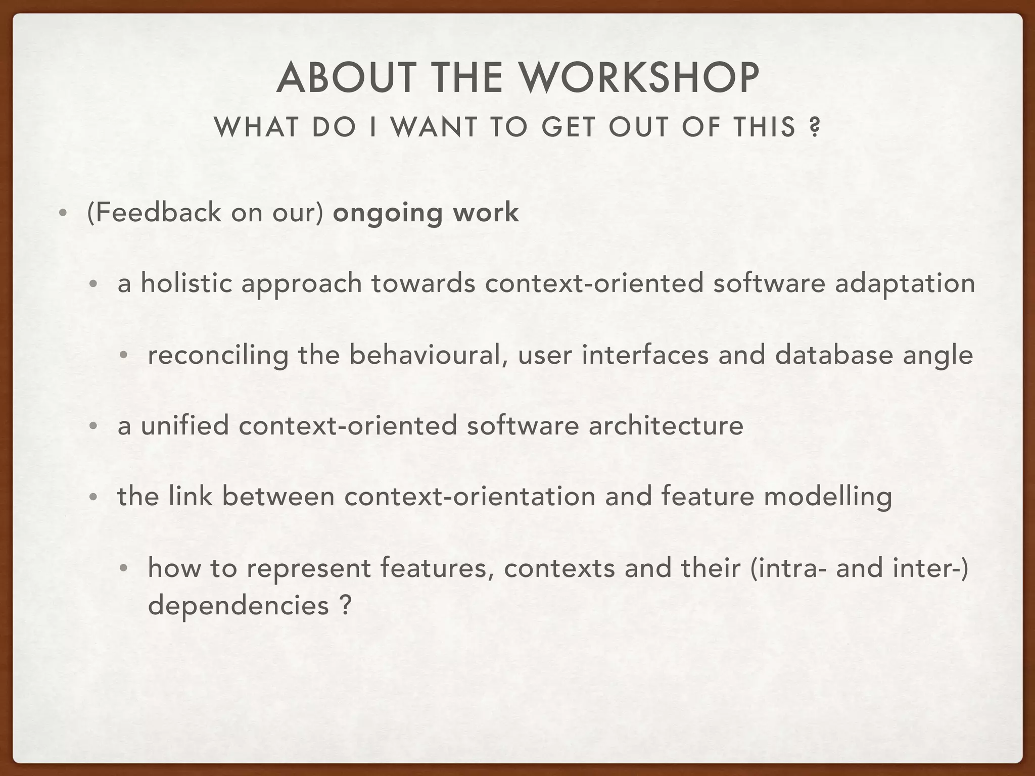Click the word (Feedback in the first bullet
[x=154, y=212]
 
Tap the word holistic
[x=186, y=283]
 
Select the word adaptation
[x=905, y=283]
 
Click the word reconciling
[x=218, y=355]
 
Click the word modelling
[x=827, y=498]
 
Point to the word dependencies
[x=238, y=605]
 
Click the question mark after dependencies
[x=345, y=604]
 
